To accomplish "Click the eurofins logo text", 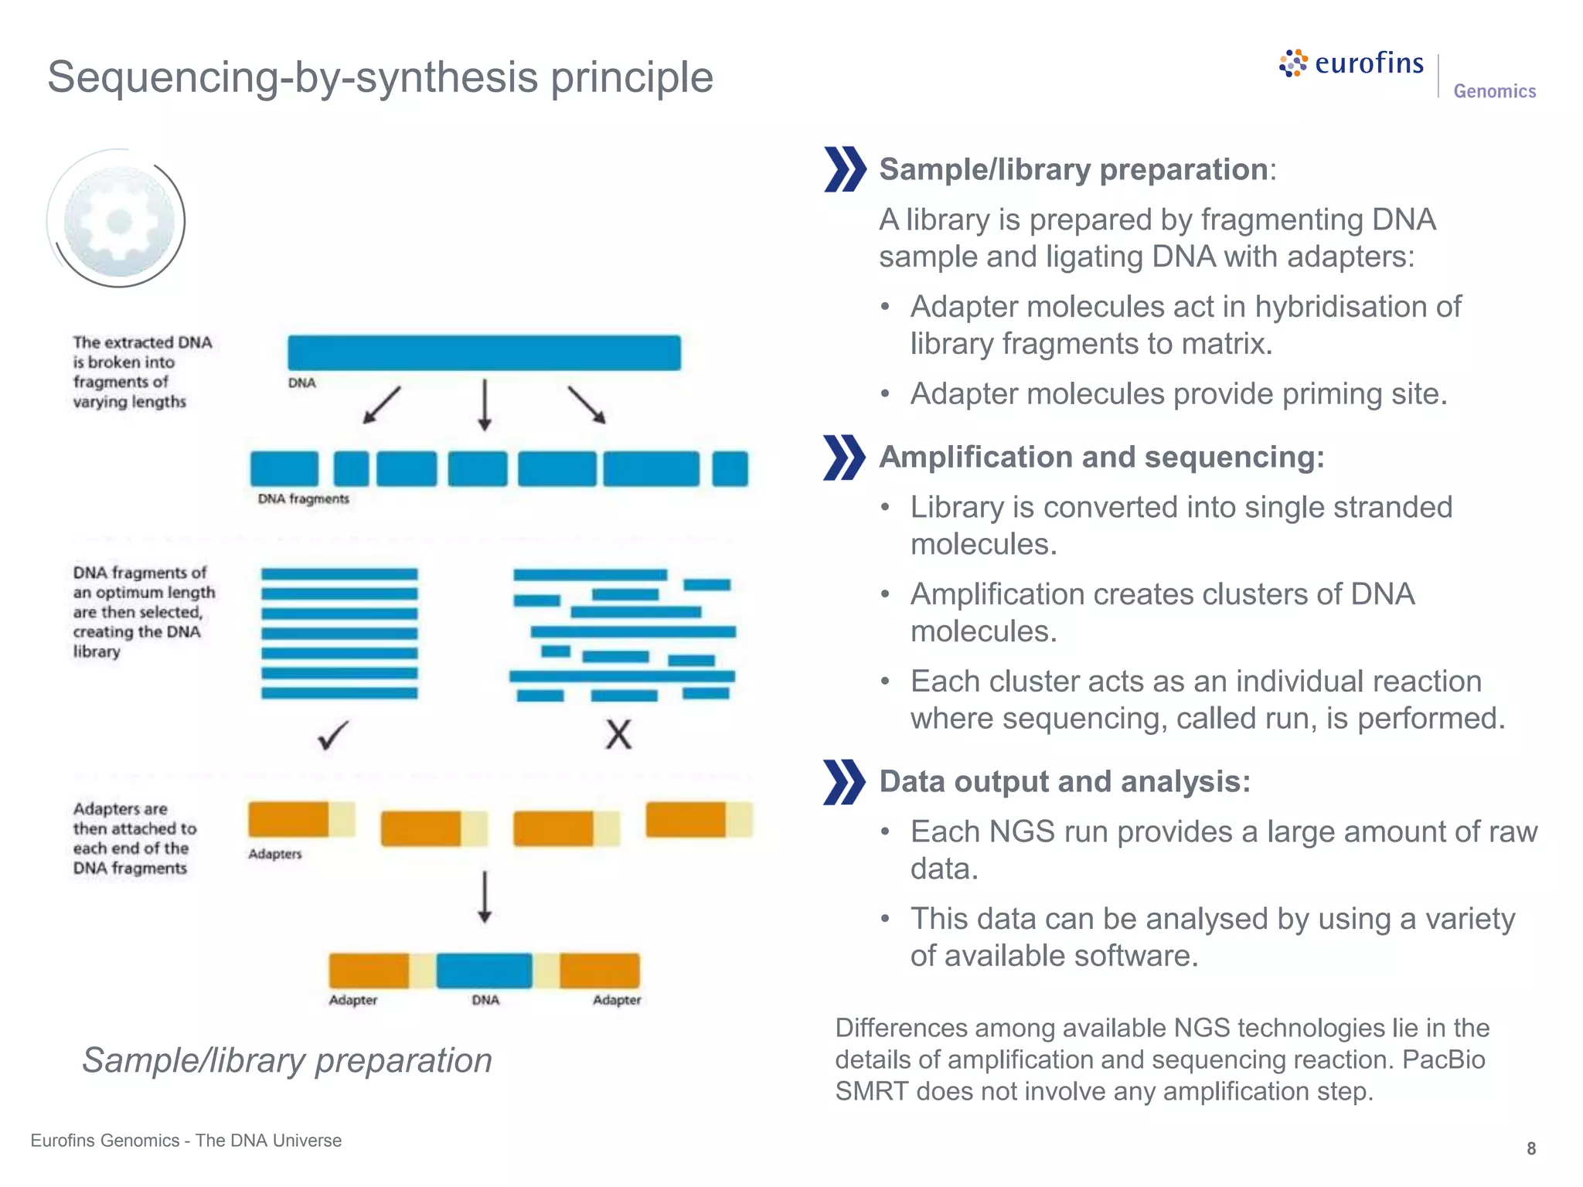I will pos(1368,63).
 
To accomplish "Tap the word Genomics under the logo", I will pos(1494,91).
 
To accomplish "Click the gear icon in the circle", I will pos(119,222).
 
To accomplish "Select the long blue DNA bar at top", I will pos(484,352).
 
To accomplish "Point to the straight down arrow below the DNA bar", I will pos(485,404).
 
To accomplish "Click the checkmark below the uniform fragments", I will pos(333,735).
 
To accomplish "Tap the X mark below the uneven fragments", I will pos(618,735).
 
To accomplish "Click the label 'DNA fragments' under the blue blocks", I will pos(303,499).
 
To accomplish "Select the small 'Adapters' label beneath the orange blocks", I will pos(274,854).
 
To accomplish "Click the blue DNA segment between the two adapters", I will pos(484,971).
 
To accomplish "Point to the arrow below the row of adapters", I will pos(485,897).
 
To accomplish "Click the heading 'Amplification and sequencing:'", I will pos(1101,457).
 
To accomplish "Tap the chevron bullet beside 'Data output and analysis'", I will pos(843,782).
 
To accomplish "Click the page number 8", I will pos(1530,1148).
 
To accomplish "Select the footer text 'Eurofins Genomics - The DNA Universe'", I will pos(186,1141).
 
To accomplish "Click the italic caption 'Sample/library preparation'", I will pos(287,1060).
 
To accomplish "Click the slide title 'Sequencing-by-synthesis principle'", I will pos(380,77).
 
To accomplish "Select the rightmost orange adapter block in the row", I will pos(686,820).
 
